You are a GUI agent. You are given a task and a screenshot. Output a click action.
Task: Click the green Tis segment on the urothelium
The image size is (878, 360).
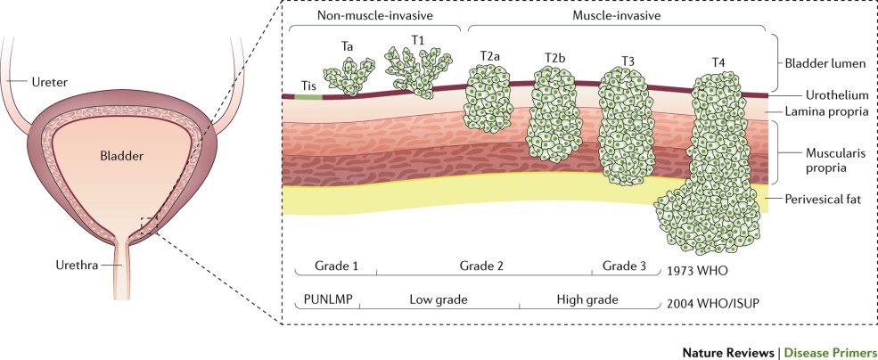(x=308, y=95)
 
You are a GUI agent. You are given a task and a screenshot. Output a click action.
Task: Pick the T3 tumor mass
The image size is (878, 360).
(x=622, y=125)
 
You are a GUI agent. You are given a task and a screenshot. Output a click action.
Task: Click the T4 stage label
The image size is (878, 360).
(x=718, y=63)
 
